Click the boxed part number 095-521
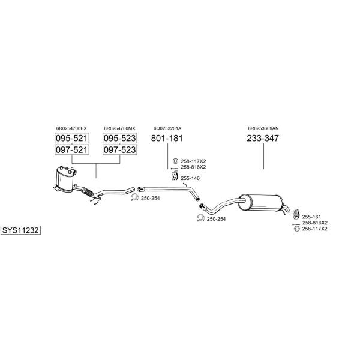72,138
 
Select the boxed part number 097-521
72,149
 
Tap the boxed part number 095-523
119,138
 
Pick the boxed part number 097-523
119,149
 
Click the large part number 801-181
167,138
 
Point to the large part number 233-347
263,138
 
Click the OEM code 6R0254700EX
71,128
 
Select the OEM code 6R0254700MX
119,128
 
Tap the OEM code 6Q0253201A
167,128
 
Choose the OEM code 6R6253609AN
263,128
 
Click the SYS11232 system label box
20,230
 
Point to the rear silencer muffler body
261,203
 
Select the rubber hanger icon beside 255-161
296,214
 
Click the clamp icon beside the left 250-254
134,197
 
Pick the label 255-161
311,217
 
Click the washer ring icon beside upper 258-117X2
175,161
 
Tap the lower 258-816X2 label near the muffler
315,223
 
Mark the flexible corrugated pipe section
88,193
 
